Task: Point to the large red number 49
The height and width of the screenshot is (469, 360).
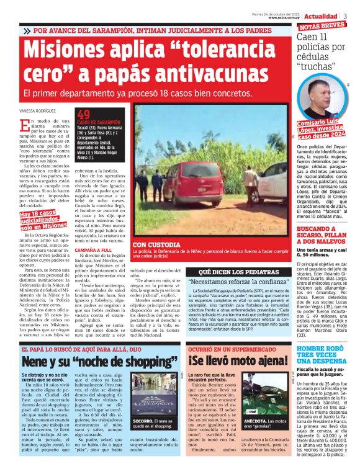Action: (x=84, y=114)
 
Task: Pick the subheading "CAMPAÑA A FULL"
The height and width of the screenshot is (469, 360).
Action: (x=93, y=249)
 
